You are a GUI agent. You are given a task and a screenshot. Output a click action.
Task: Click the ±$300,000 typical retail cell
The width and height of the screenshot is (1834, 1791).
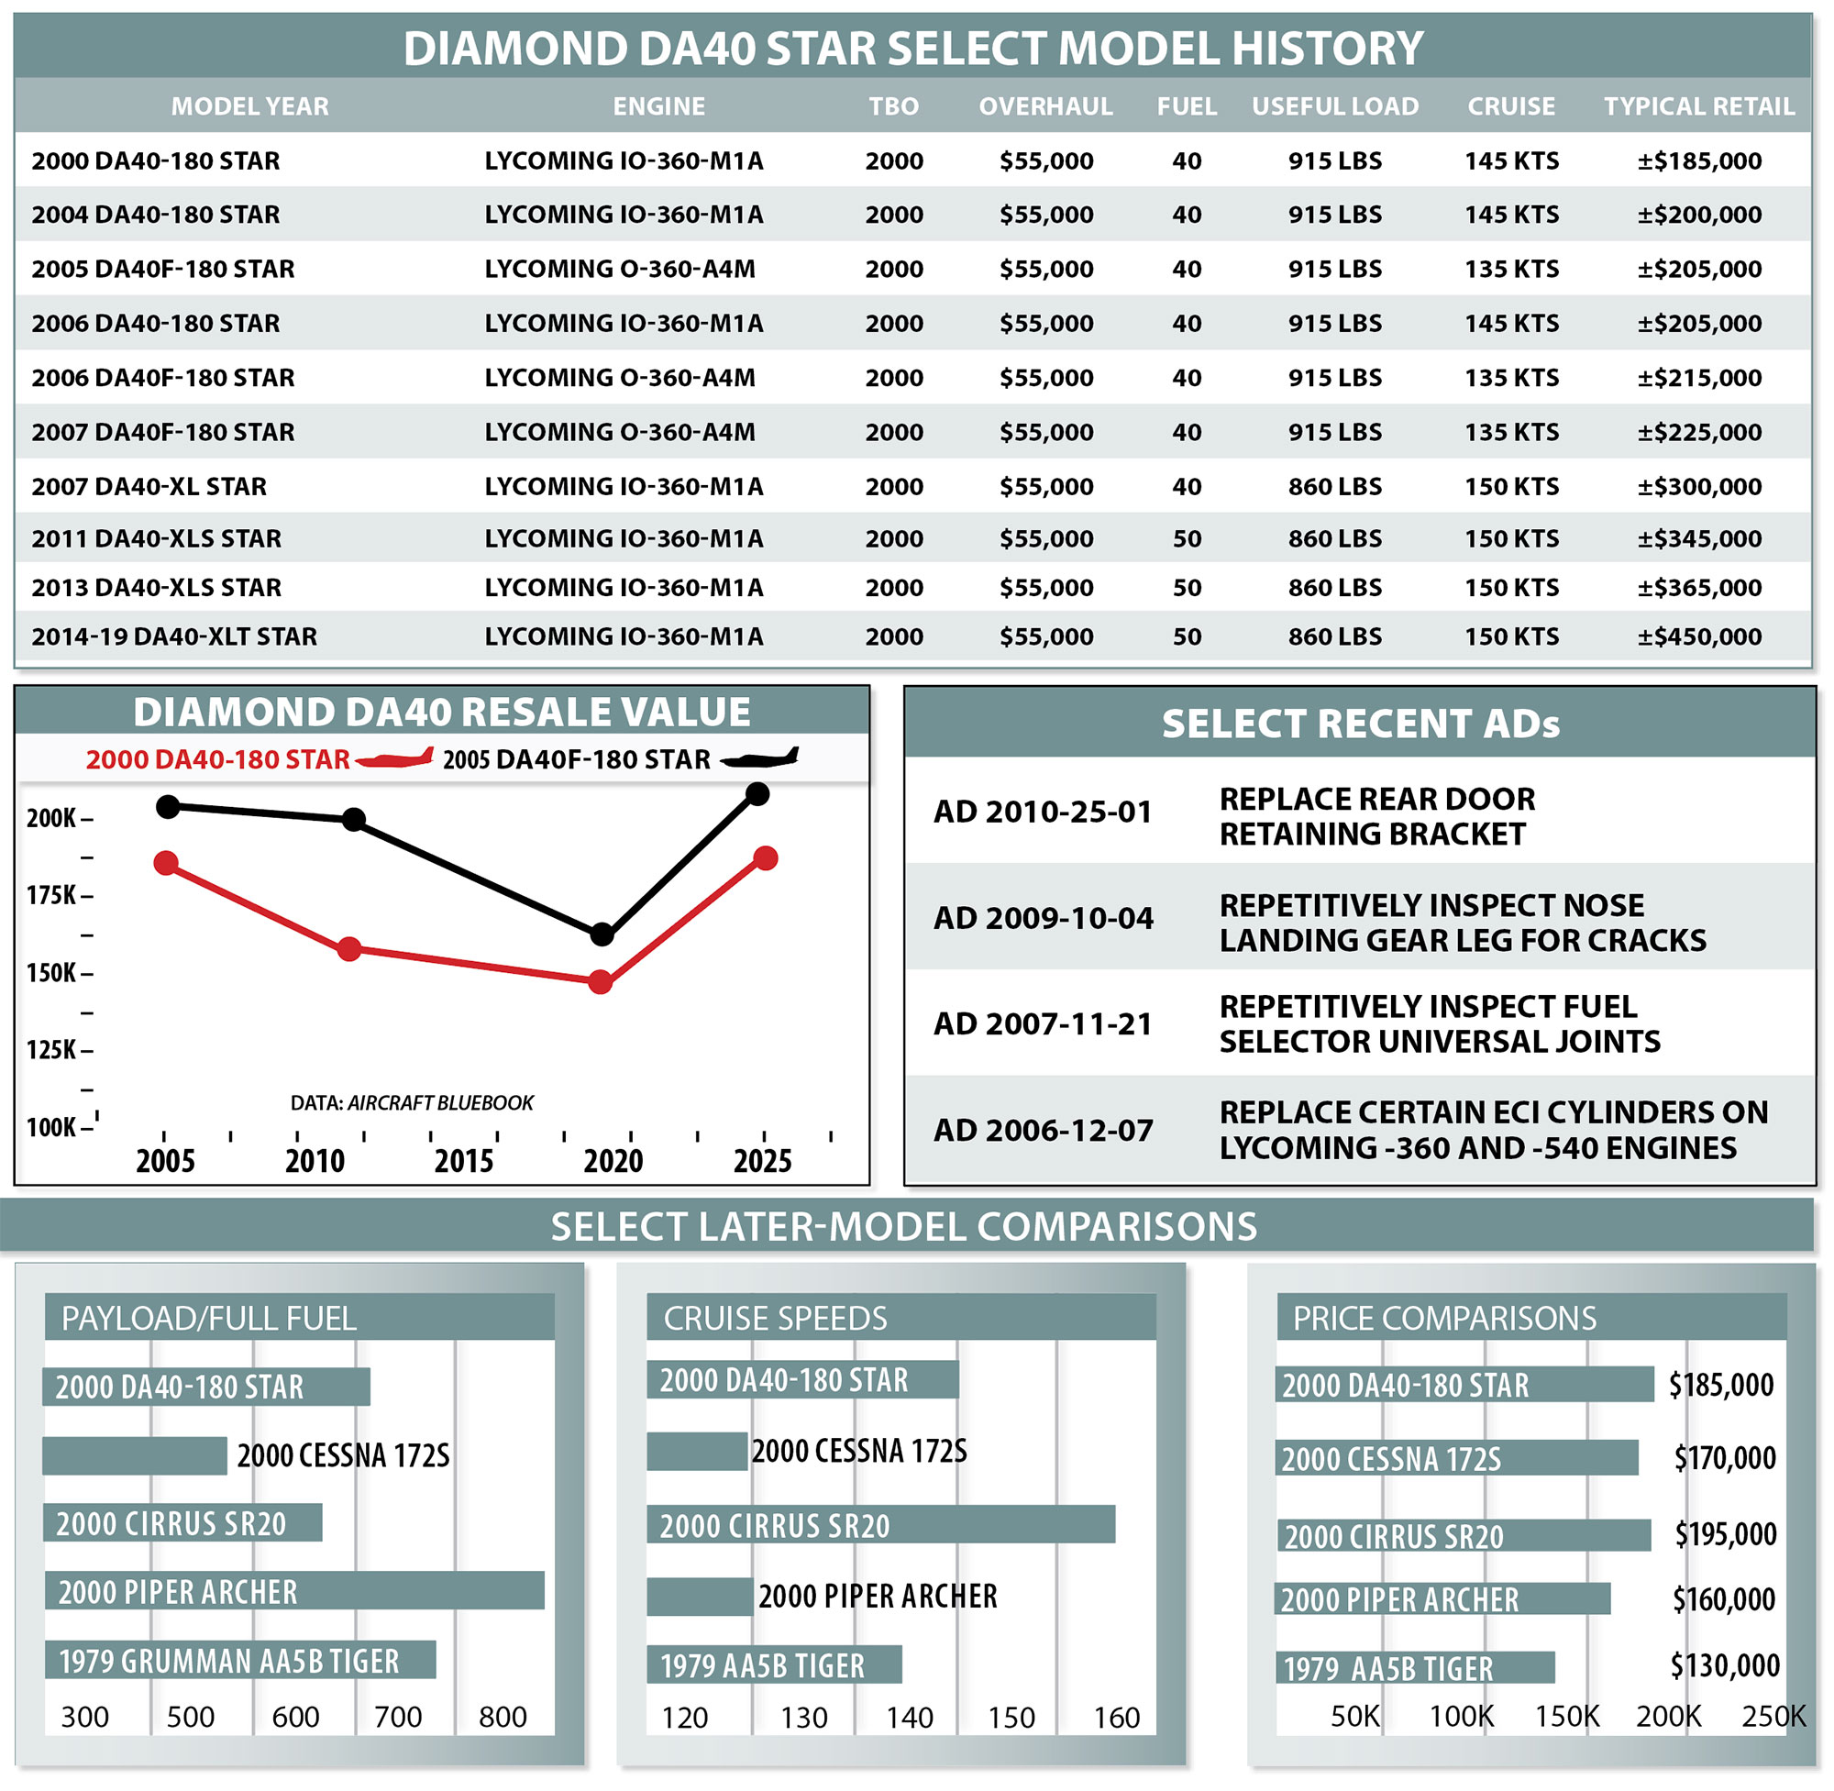point(1698,486)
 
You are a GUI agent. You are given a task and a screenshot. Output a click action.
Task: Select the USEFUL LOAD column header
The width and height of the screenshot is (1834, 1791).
point(1334,106)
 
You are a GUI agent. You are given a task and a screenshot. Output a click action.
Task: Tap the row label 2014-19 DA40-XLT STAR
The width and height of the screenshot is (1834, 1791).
point(174,636)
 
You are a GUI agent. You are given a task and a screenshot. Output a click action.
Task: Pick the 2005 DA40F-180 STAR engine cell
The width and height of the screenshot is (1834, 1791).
point(620,269)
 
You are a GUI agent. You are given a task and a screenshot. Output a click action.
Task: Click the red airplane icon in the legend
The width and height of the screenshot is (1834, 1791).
point(395,758)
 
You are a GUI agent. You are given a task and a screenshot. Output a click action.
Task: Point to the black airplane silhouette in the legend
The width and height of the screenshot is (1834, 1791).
point(760,758)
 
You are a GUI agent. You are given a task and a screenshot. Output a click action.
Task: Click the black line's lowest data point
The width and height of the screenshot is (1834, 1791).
point(602,934)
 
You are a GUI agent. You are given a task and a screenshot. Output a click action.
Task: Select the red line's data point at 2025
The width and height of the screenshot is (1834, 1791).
point(766,857)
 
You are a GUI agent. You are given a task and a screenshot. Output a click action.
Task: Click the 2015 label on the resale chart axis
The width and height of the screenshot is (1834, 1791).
point(464,1161)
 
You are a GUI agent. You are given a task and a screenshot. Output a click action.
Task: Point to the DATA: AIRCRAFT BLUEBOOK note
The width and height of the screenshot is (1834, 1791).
point(411,1102)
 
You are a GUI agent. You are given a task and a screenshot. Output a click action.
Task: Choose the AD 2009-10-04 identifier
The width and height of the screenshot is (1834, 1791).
point(1043,918)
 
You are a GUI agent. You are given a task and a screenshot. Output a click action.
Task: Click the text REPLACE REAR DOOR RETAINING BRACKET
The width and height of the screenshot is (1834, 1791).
point(1376,816)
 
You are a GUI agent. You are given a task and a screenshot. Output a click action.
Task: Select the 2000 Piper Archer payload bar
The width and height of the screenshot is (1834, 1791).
point(294,1591)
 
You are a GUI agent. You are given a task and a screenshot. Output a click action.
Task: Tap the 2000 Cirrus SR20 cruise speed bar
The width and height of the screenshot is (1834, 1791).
point(880,1525)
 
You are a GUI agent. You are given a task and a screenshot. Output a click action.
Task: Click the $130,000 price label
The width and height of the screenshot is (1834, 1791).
point(1724,1666)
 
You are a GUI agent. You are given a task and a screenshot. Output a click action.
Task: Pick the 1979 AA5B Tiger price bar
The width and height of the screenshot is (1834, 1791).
point(1415,1668)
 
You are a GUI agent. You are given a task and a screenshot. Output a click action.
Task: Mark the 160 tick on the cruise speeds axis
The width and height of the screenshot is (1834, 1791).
point(1116,1719)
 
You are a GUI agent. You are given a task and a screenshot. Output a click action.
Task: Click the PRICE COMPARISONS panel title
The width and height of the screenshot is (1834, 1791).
point(1443,1318)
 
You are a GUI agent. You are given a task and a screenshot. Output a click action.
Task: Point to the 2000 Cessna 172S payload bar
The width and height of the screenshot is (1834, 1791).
point(135,1455)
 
